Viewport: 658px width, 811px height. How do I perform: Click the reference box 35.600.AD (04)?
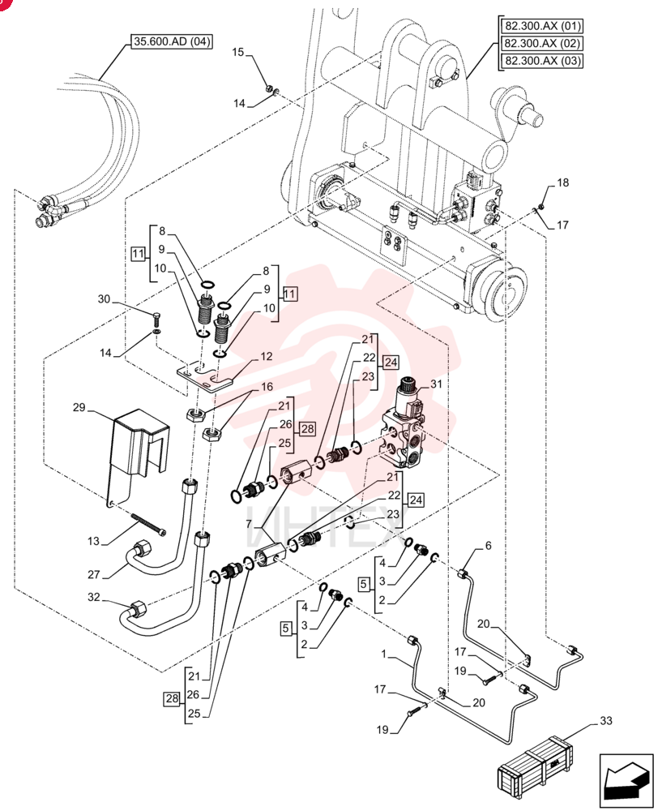pos(172,41)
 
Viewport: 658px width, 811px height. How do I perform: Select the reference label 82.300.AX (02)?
pos(543,43)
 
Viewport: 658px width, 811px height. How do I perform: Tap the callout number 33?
pos(606,720)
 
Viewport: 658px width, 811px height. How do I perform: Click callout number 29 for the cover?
pos(79,408)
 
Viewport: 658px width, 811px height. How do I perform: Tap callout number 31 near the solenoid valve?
pos(437,384)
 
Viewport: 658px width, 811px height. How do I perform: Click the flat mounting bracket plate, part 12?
pos(205,377)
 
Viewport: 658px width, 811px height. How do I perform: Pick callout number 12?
pos(266,356)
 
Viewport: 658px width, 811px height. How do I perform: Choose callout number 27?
pos(93,575)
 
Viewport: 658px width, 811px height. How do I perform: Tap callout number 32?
pos(93,598)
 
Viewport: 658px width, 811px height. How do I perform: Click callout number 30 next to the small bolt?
pos(104,299)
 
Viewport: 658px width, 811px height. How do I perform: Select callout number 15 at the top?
pos(237,52)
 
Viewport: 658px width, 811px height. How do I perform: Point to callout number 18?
pos(562,182)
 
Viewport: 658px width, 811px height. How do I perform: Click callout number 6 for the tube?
pos(488,546)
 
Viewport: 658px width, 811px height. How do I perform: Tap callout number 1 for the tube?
pos(383,654)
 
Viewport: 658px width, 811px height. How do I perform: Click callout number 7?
pos(250,525)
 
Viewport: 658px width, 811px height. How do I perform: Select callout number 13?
pos(93,541)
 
